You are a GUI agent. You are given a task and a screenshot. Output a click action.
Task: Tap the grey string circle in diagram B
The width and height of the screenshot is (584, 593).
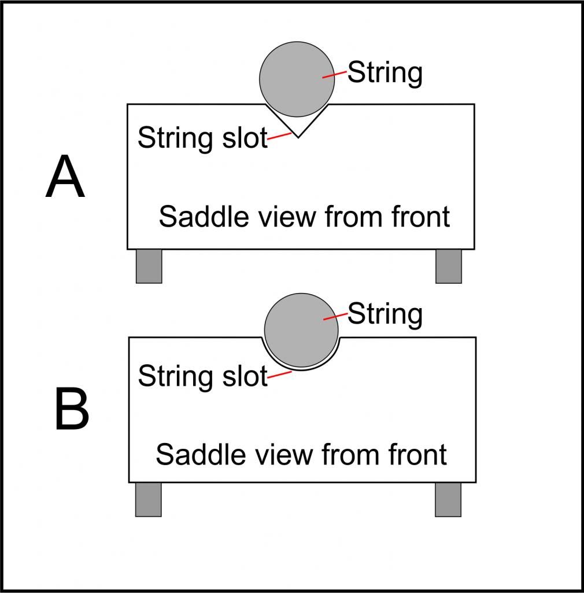point(301,330)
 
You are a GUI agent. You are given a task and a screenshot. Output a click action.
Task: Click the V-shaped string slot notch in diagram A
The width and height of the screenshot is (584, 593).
point(297,129)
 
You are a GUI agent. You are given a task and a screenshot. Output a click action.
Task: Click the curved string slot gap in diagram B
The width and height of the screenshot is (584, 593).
point(301,368)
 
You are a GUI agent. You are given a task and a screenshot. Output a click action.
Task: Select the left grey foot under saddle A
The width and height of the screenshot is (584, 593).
point(149,266)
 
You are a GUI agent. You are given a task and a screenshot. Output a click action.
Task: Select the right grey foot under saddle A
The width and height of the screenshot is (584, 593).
point(448,266)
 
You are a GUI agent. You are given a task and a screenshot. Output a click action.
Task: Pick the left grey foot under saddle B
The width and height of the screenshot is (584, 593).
point(148,499)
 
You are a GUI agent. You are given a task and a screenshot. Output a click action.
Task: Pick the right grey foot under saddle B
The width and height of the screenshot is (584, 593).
point(448,499)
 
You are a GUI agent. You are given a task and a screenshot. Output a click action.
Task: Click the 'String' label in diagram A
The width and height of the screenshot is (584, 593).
point(385,74)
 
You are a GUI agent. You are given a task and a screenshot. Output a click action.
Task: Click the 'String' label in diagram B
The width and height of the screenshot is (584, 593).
point(385,314)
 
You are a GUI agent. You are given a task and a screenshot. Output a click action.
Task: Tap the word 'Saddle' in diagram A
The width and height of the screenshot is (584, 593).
point(194,217)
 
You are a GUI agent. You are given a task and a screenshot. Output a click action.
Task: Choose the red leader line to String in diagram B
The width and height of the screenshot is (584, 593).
point(335,316)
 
